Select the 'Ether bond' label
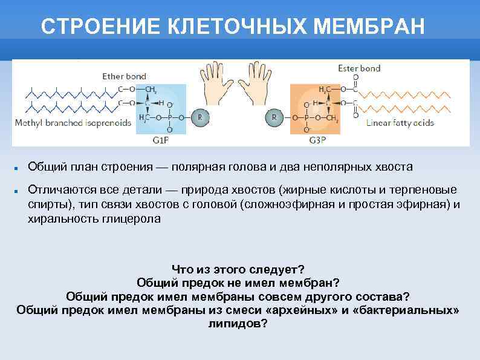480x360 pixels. point(124,76)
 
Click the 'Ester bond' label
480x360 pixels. point(359,68)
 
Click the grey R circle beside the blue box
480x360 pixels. point(200,117)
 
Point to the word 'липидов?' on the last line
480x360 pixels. point(238,323)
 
